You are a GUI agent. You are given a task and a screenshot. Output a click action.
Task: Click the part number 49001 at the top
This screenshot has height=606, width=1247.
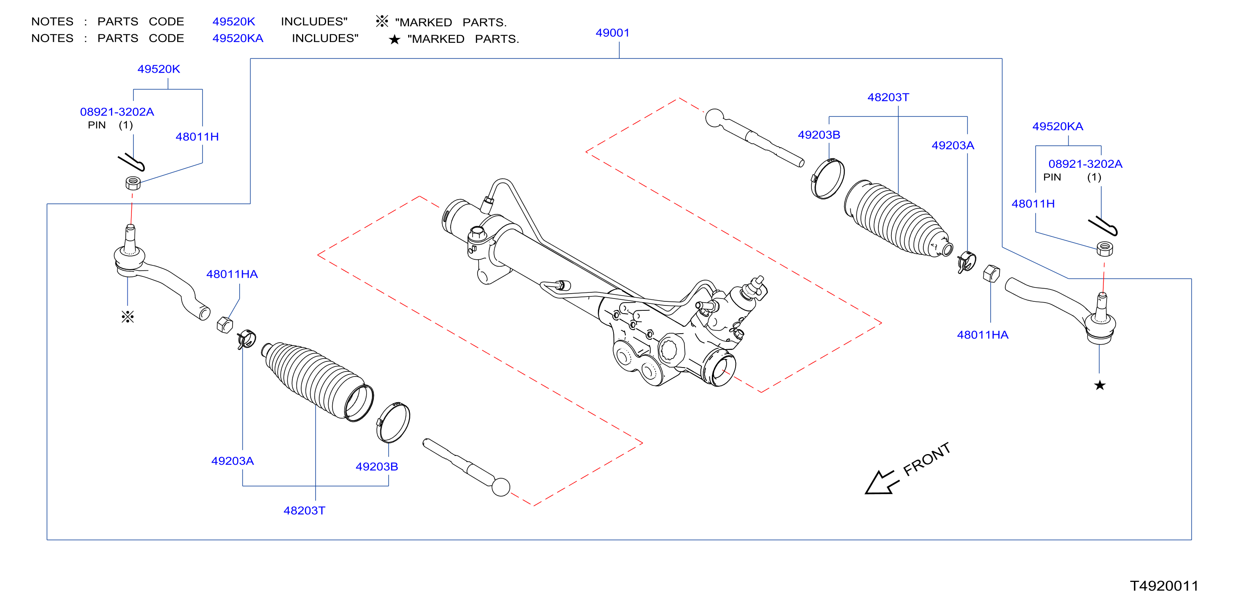click(x=612, y=33)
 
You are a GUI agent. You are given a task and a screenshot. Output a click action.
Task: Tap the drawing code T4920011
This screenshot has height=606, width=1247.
click(x=1164, y=586)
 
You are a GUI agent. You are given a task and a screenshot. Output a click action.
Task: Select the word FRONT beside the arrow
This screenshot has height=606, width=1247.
click(x=927, y=459)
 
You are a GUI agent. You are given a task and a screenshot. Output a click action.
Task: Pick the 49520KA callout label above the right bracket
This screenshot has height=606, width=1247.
click(x=1058, y=127)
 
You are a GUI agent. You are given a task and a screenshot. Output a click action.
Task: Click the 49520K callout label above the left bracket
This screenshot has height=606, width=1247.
click(x=159, y=69)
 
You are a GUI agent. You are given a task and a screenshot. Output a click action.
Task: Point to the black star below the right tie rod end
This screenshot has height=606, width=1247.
click(x=1100, y=385)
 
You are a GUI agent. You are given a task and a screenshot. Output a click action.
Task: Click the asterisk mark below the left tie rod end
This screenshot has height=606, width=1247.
click(x=128, y=317)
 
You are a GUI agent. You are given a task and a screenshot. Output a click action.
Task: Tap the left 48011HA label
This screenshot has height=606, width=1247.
click(x=232, y=274)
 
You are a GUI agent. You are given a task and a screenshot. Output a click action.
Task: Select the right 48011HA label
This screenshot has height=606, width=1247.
click(x=982, y=335)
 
